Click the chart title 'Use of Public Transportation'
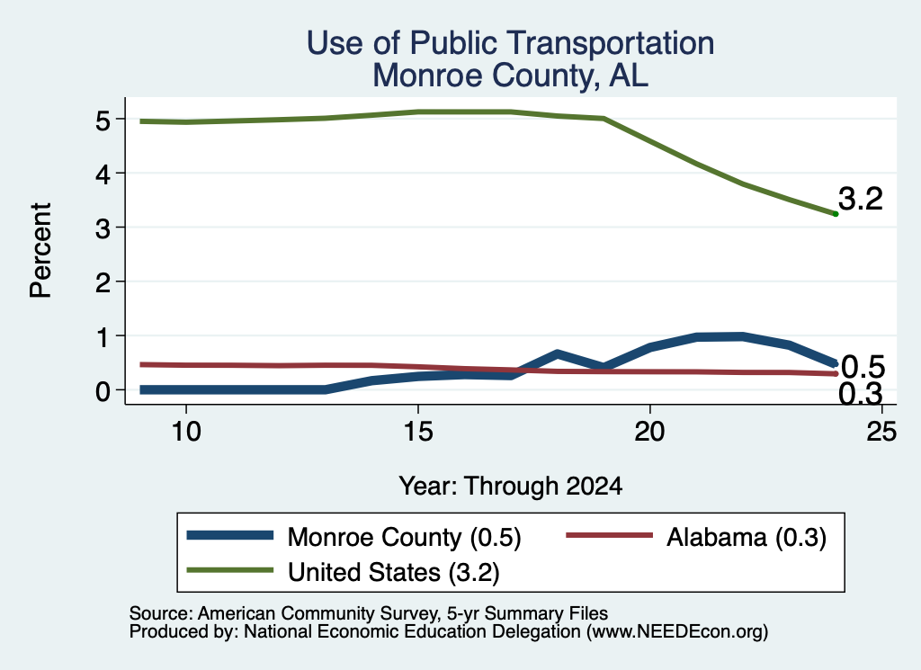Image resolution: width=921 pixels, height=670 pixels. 511,43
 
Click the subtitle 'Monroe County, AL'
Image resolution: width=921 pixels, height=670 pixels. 511,76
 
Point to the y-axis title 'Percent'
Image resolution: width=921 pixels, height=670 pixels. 40,251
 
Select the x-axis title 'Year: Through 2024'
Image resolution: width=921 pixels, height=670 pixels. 511,487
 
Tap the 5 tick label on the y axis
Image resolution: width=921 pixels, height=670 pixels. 103,121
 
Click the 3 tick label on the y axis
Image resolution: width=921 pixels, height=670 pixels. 103,228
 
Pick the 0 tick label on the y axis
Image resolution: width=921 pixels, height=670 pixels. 103,391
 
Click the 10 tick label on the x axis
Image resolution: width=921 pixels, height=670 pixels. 186,432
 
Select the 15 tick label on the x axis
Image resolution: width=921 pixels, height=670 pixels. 418,432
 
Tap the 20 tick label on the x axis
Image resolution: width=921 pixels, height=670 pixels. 649,432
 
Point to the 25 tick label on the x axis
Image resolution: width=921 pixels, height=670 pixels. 881,432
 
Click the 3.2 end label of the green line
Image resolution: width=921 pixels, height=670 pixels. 861,199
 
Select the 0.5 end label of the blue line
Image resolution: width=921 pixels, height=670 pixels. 863,368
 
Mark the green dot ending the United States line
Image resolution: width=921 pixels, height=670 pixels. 836,214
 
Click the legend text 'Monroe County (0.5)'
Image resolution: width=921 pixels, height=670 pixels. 404,537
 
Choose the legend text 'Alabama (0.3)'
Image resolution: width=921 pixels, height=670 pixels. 747,537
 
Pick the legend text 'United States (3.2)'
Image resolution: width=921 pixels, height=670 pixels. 394,573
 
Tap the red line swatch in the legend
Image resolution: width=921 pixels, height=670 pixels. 609,535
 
